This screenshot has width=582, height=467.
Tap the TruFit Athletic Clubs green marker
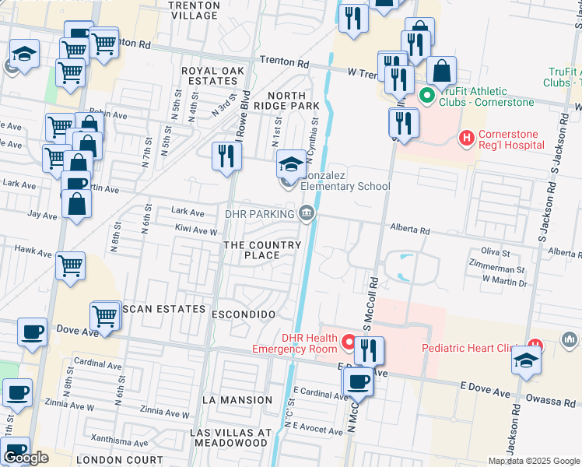click(426, 97)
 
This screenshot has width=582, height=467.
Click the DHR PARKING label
click(259, 212)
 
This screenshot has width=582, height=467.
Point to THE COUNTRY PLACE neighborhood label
click(262, 250)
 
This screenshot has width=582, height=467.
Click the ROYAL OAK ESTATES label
click(212, 76)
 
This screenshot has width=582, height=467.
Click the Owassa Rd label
click(553, 402)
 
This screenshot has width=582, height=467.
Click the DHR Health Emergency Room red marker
click(349, 342)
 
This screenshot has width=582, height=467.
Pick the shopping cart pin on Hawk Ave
click(71, 266)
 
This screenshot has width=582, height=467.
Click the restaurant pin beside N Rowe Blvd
click(226, 155)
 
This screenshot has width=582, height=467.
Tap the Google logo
click(26, 458)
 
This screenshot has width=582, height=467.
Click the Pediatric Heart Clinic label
click(472, 348)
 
